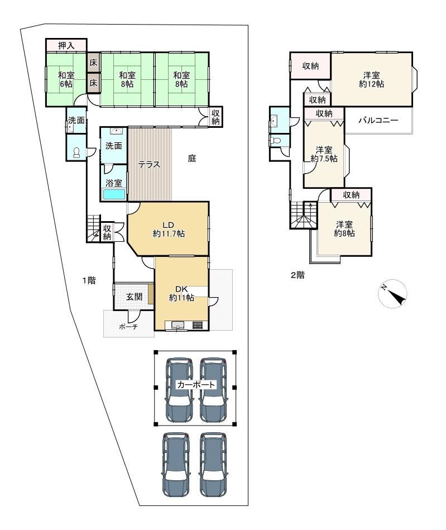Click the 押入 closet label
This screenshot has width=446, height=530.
coord(66,45)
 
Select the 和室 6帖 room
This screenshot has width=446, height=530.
coord(66,79)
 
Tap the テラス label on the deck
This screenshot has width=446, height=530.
coord(149,165)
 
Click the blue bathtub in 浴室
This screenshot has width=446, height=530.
coord(114,194)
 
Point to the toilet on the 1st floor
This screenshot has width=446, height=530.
coord(76,153)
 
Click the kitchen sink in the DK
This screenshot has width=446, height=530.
coord(178,325)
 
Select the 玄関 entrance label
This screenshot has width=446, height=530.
coord(134,297)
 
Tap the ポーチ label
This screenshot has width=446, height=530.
coord(128,327)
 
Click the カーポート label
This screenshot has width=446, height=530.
coord(196,385)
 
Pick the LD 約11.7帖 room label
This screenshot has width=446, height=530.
coord(168,230)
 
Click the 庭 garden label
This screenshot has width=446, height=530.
coord(192,158)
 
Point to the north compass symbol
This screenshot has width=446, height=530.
coord(392,294)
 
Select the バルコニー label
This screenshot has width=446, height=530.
coord(378,120)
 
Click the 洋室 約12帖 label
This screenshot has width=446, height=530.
coord(371,79)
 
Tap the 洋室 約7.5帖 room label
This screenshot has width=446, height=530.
coord(324,154)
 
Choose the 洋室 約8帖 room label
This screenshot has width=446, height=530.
coord(344,229)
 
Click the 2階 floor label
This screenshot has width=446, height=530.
coord(298,275)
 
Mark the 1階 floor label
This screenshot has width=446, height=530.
coord(89,280)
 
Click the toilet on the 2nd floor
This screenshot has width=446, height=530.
coord(275,140)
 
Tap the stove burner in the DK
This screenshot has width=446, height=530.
coord(197,325)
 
